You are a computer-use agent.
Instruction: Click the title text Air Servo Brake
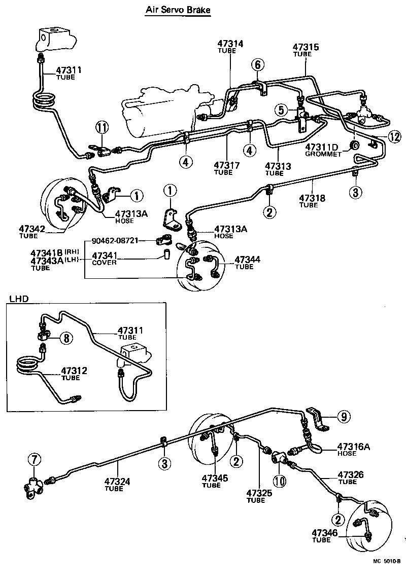pos(178,10)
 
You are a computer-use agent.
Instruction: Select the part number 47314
pos(230,44)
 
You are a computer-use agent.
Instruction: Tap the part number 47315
pos(306,47)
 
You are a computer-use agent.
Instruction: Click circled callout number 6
pos(257,64)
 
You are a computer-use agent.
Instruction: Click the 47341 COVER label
pos(104,259)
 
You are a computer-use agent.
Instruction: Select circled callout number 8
pos(66,338)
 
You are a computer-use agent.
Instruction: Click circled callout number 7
pos(33,460)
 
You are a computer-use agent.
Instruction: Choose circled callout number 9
pos(344,416)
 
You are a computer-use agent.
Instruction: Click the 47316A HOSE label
pos(353,450)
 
